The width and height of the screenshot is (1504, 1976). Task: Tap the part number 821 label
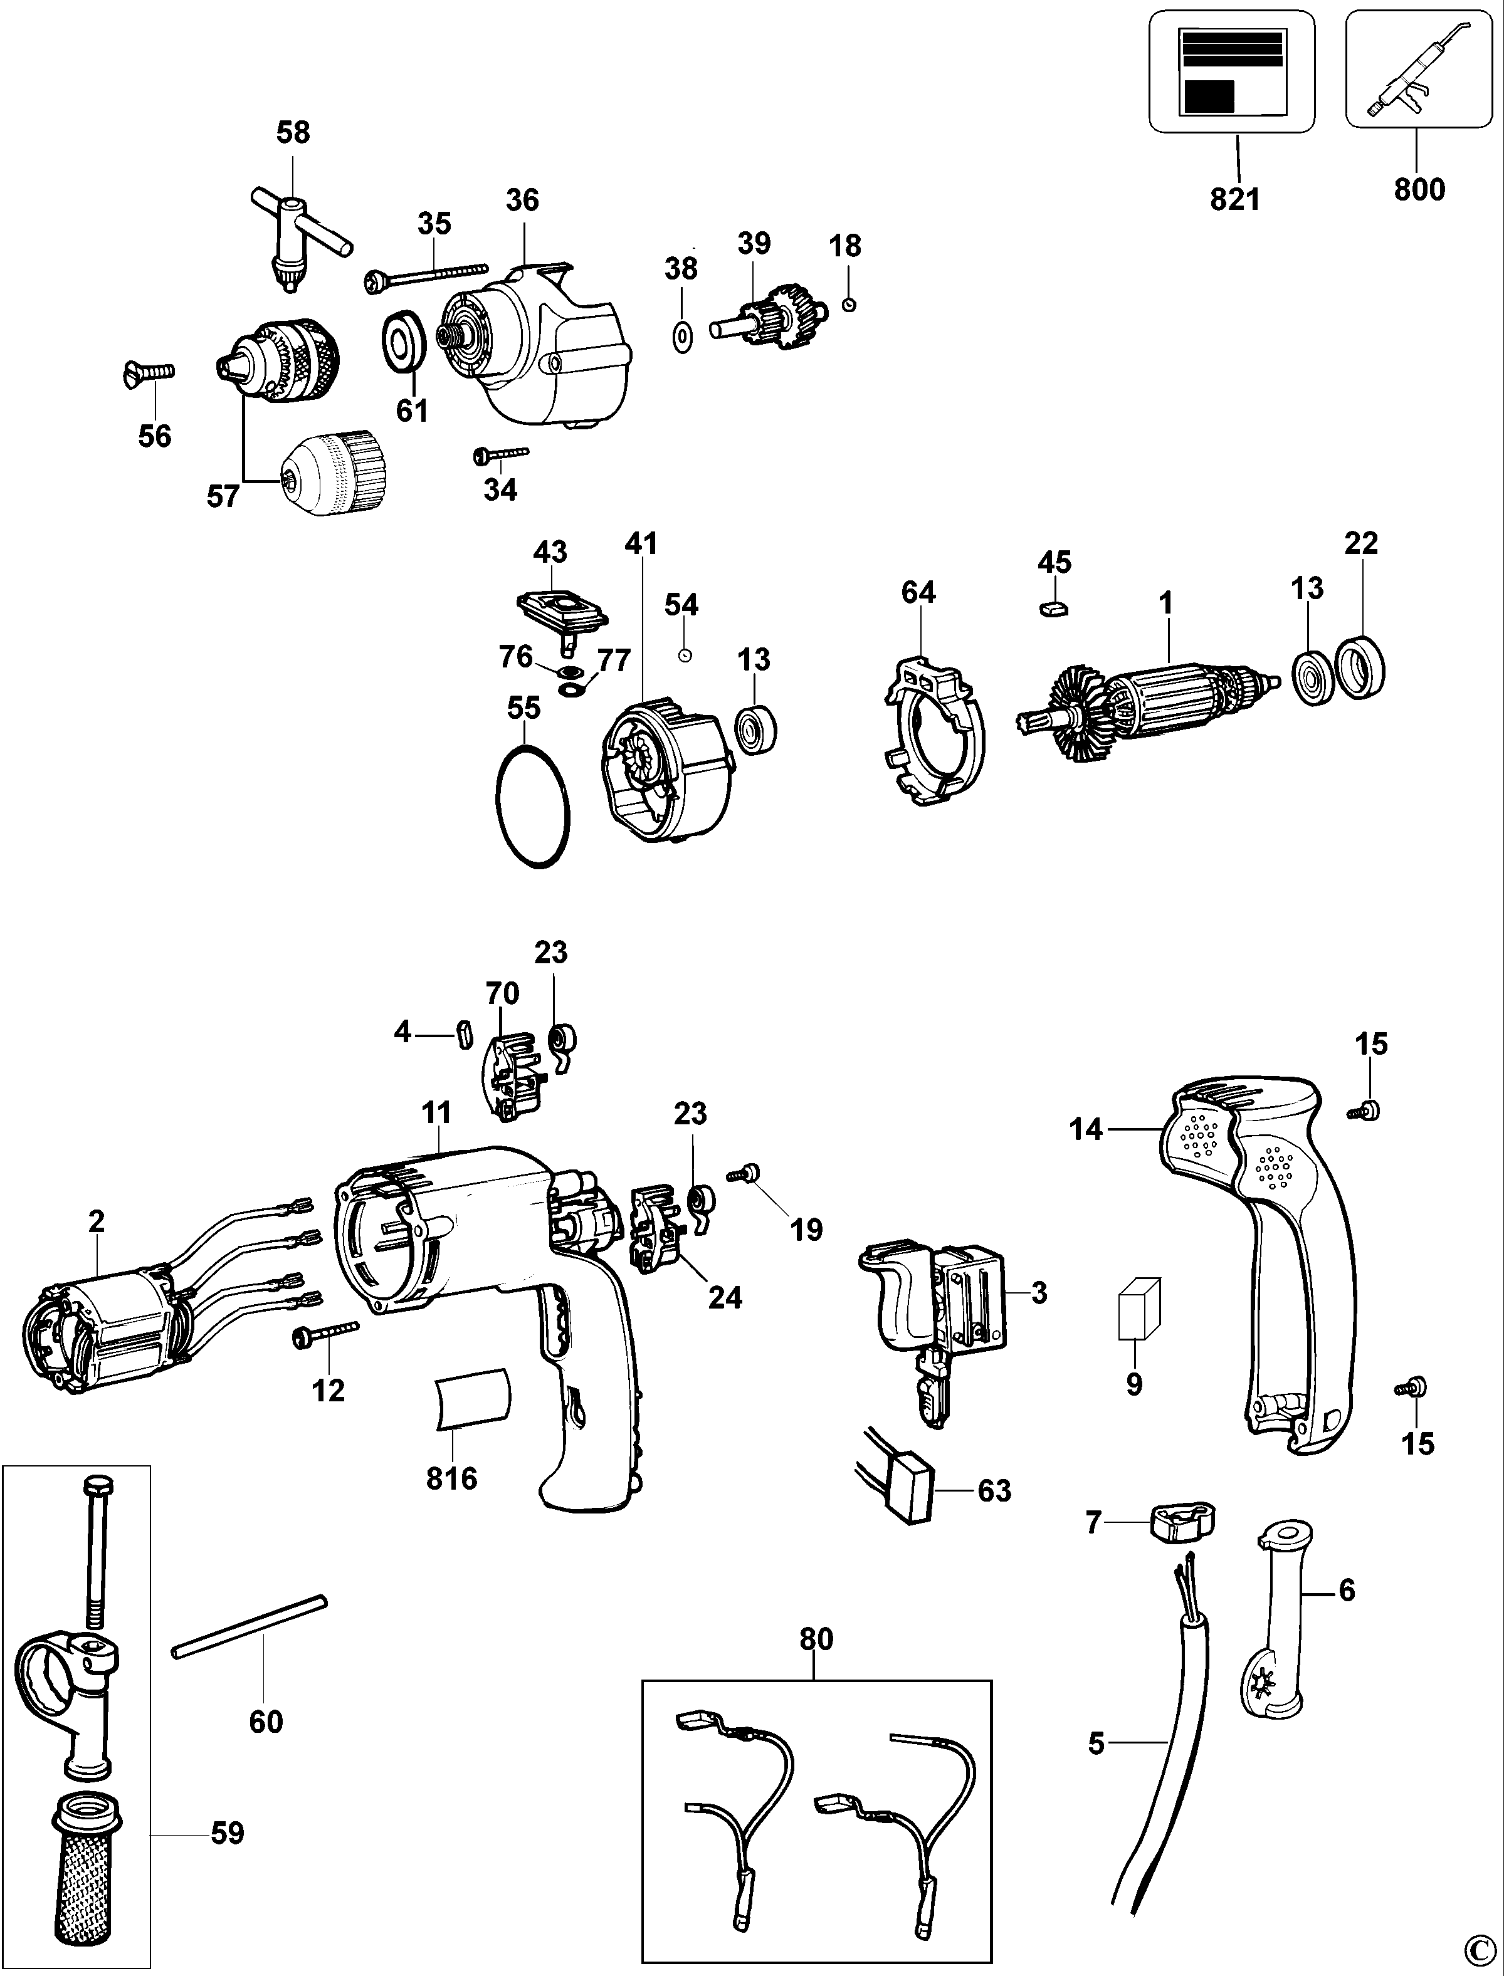(x=1236, y=199)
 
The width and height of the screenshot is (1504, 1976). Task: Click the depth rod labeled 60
(x=249, y=1627)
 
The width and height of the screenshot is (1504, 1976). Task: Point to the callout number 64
(x=918, y=592)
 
